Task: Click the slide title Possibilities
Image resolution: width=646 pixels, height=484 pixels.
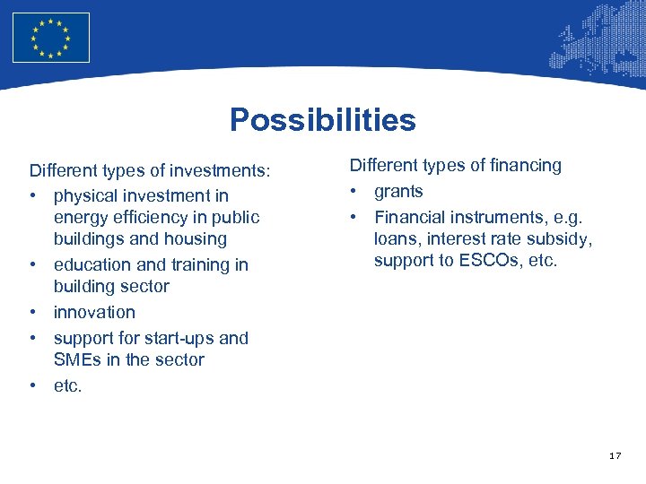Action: pyautogui.click(x=322, y=119)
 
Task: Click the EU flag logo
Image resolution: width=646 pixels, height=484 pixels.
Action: pyautogui.click(x=51, y=38)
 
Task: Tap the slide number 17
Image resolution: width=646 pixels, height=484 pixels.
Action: pyautogui.click(x=615, y=456)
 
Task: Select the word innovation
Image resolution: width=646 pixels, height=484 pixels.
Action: pyautogui.click(x=94, y=312)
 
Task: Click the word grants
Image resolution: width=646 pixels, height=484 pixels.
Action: pyautogui.click(x=398, y=191)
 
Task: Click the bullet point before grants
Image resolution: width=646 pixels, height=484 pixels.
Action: pyautogui.click(x=355, y=191)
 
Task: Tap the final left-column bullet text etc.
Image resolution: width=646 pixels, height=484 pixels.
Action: pyautogui.click(x=67, y=385)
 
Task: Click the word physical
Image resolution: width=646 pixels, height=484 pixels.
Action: pyautogui.click(x=85, y=195)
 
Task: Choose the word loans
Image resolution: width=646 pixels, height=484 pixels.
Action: pyautogui.click(x=397, y=238)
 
